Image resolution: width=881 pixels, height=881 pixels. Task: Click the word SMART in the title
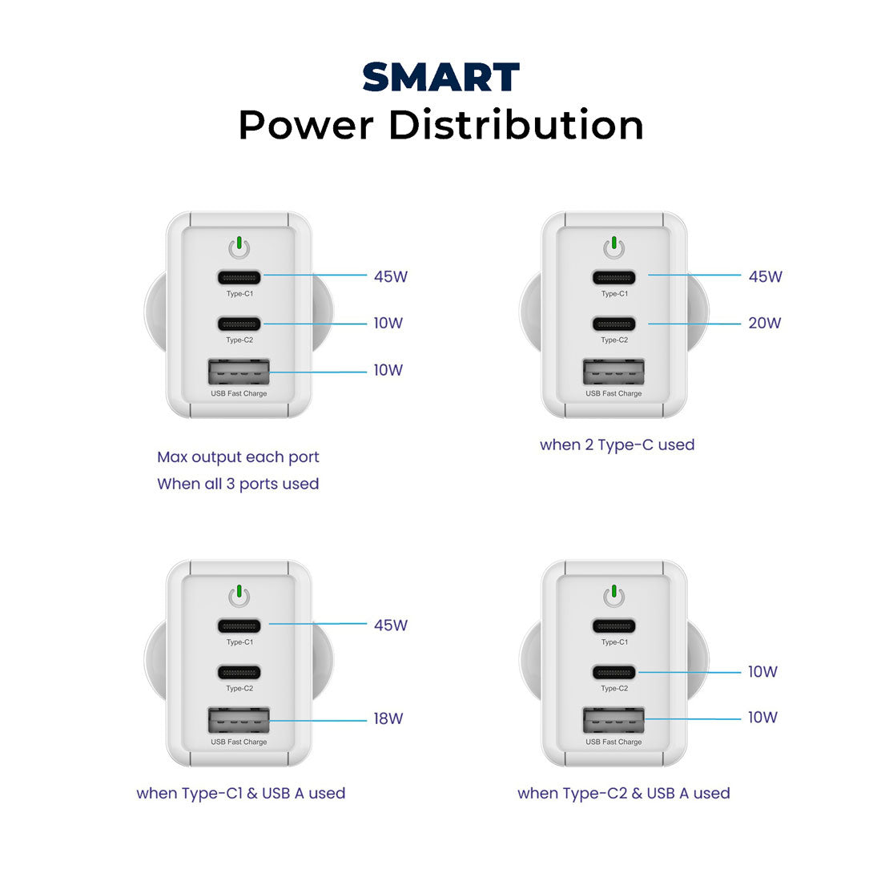pyautogui.click(x=440, y=78)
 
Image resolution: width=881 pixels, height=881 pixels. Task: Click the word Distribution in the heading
pyautogui.click(x=517, y=126)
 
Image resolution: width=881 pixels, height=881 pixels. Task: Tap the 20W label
pyautogui.click(x=764, y=324)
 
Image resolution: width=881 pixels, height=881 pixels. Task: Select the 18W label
pyautogui.click(x=388, y=719)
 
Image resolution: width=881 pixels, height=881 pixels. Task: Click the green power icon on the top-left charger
pyautogui.click(x=239, y=247)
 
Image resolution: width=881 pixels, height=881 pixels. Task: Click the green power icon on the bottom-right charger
pyautogui.click(x=613, y=596)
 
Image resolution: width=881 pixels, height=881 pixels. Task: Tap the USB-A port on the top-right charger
pyautogui.click(x=613, y=372)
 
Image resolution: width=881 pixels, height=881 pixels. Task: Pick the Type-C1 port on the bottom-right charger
pyautogui.click(x=613, y=626)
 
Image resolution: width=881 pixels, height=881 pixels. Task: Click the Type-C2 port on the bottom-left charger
pyautogui.click(x=239, y=673)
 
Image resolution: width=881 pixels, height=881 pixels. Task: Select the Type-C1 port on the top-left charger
pyautogui.click(x=239, y=278)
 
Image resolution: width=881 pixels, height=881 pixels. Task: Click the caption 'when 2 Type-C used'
pyautogui.click(x=617, y=445)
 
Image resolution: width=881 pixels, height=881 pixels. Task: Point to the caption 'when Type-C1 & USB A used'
pyautogui.click(x=240, y=794)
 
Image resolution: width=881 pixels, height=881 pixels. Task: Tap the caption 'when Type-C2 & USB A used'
pyautogui.click(x=623, y=794)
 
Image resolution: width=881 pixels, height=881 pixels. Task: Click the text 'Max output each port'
pyautogui.click(x=238, y=457)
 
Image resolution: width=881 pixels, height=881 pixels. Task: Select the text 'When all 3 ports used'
pyautogui.click(x=238, y=484)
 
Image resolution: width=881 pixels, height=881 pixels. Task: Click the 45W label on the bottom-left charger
pyautogui.click(x=390, y=626)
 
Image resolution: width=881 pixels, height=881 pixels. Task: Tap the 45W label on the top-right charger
pyautogui.click(x=765, y=277)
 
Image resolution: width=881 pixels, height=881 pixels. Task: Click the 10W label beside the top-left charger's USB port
pyautogui.click(x=388, y=371)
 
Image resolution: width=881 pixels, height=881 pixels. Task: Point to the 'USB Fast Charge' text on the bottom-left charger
pyautogui.click(x=239, y=742)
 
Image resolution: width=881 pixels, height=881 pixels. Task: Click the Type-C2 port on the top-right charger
pyautogui.click(x=613, y=324)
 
